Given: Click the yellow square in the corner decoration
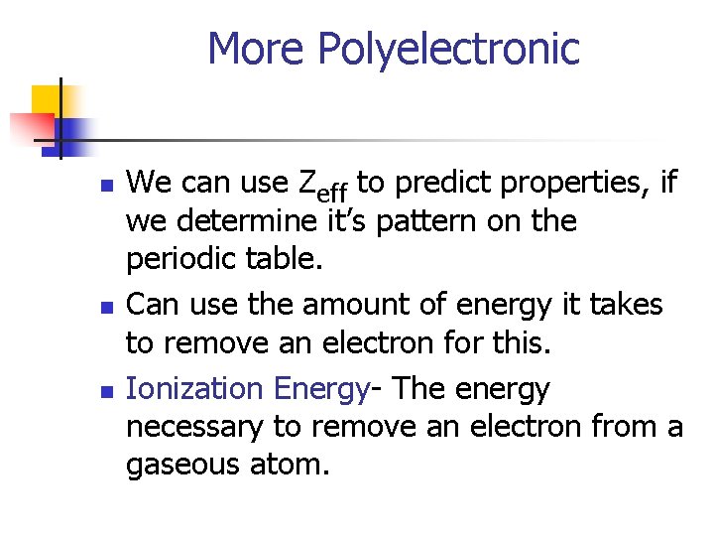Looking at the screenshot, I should coord(46,99).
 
